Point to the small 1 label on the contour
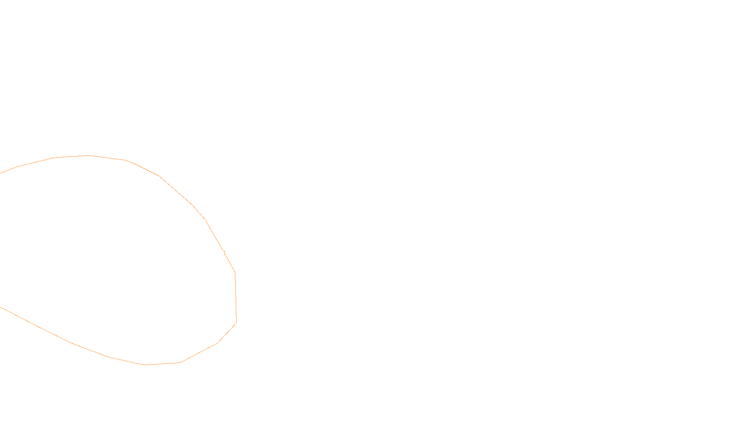pos(225,253)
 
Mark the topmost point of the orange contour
pos(88,155)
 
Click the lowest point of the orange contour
pos(145,365)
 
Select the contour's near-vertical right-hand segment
pos(235,298)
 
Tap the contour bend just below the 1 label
pos(234,272)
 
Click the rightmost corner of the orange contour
pos(236,323)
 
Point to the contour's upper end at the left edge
pos(1,173)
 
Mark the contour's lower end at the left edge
pos(1,308)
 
